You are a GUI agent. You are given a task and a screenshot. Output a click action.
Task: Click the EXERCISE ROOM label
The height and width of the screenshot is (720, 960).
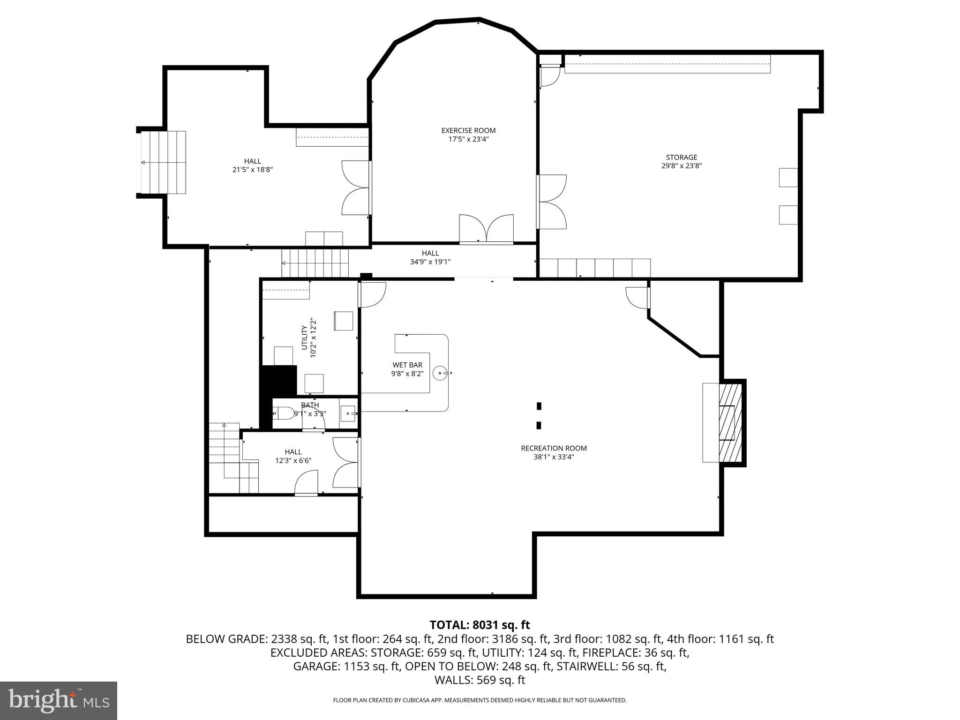(468, 131)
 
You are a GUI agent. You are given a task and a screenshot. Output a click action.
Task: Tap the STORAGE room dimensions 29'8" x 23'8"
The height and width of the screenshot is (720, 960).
(681, 166)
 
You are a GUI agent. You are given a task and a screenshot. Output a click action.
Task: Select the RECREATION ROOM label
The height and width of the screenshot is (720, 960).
(554, 448)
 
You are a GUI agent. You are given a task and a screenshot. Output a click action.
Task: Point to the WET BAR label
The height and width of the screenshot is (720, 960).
(407, 365)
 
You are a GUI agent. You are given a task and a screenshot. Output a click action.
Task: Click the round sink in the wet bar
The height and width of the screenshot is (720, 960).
(440, 373)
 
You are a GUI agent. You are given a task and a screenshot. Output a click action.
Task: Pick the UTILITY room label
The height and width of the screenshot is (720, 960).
(305, 337)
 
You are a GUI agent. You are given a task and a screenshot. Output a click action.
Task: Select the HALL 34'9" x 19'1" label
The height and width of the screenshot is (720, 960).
(430, 254)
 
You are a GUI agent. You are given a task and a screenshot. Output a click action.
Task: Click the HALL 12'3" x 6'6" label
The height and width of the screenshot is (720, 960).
(293, 452)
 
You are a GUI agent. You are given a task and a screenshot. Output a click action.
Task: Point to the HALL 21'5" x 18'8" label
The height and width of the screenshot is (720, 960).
(252, 162)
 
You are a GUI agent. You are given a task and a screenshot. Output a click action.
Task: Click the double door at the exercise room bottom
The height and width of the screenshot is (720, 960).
(486, 229)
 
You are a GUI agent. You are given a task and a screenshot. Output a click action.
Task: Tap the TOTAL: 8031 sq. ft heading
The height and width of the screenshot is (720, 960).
(480, 625)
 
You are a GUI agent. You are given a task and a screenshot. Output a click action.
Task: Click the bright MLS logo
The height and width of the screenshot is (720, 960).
(59, 700)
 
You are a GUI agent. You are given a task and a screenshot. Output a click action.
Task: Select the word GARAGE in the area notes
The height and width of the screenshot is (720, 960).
(315, 667)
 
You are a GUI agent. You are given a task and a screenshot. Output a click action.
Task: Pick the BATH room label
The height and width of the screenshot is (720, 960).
(310, 405)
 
